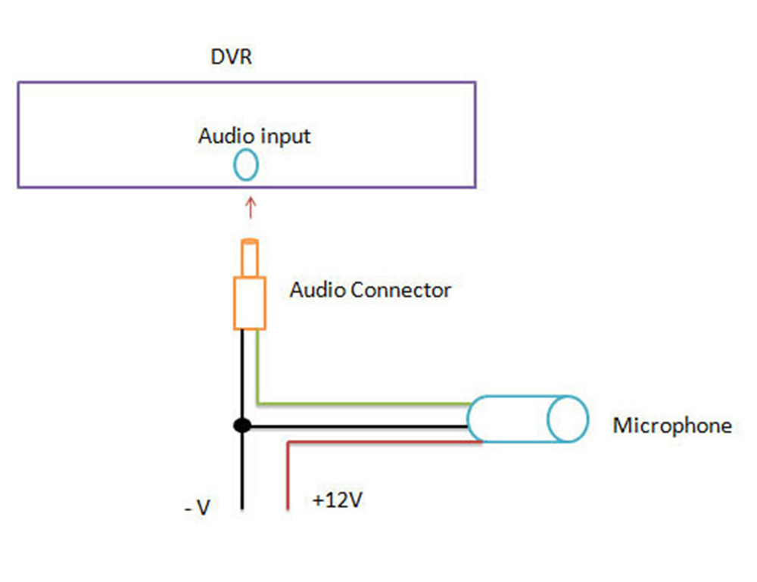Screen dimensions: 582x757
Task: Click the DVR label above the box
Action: pos(232,58)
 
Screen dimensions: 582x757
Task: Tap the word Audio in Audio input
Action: pos(223,136)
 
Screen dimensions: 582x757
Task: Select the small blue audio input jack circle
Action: pos(246,166)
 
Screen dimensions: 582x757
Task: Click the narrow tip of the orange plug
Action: pos(249,257)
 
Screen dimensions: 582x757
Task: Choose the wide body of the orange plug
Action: pos(249,303)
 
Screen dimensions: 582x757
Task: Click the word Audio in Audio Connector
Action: pos(316,290)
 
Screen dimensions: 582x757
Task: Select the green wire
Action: pos(363,403)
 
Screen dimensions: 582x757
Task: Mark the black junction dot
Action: pos(242,426)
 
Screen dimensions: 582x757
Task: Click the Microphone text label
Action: pos(672,425)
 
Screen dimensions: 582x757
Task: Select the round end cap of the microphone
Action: pos(568,419)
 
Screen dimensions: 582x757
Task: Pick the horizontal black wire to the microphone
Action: pos(356,427)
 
